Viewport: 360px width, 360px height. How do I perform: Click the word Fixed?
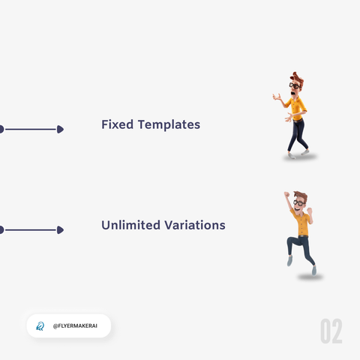tap(117, 124)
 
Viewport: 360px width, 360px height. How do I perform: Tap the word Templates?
tap(169, 125)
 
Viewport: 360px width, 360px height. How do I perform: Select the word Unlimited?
tap(130, 225)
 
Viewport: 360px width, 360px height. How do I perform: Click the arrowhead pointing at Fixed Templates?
tap(60, 129)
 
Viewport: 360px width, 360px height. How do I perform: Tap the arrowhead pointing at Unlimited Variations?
tap(60, 229)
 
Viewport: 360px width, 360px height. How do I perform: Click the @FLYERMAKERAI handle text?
tap(75, 325)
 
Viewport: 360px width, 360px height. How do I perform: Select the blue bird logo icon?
tap(40, 326)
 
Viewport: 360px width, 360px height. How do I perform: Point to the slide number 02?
tap(331, 331)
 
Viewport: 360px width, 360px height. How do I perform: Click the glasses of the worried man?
tap(295, 85)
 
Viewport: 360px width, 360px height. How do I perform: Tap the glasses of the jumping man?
tap(298, 202)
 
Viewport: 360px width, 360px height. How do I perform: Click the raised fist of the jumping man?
tap(286, 195)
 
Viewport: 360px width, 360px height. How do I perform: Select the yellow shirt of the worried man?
tap(297, 107)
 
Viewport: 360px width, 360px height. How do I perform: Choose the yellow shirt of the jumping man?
tap(301, 222)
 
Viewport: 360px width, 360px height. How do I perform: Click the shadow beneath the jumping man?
tap(310, 277)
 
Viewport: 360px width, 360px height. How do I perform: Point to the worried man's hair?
tap(298, 78)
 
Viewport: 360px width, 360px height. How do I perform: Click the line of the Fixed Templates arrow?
tap(31, 129)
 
